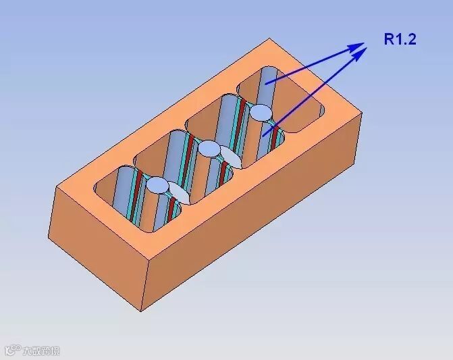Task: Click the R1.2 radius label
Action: pos(400,39)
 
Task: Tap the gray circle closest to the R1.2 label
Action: pos(262,111)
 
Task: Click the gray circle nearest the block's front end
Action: pos(157,184)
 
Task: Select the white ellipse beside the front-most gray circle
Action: pos(178,193)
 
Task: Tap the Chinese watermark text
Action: pos(42,351)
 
